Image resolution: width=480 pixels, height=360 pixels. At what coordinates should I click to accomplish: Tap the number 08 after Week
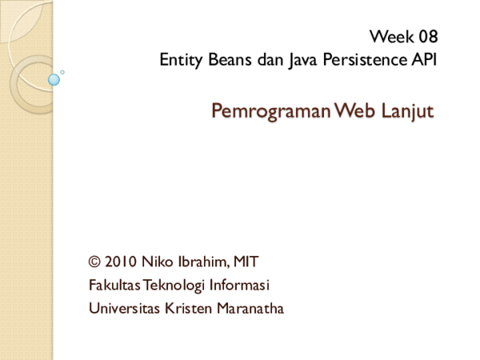tap(428, 37)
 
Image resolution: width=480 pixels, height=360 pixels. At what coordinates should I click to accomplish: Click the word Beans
tap(226, 60)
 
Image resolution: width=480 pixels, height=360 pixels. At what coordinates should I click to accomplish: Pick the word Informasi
tap(238, 285)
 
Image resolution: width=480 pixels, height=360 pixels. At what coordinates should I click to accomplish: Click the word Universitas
tap(122, 308)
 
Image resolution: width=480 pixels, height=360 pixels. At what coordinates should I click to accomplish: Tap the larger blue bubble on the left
tap(54, 80)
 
